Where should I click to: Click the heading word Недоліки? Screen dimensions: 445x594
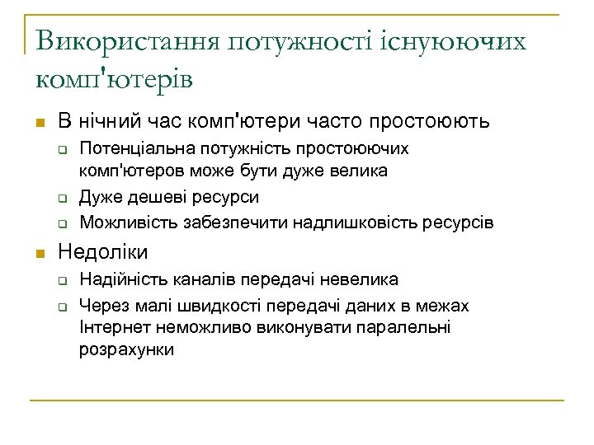point(102,251)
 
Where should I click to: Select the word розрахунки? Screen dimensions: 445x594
point(126,349)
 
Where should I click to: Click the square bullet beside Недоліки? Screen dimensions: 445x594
point(39,252)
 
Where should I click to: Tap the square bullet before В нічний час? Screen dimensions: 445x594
point(39,122)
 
